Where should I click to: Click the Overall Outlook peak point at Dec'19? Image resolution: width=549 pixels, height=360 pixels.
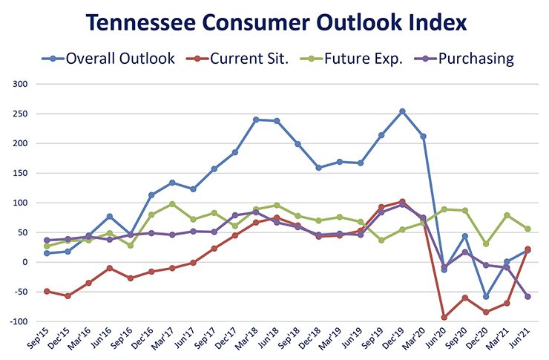click(x=402, y=111)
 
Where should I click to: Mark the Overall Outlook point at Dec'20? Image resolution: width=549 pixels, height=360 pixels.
click(x=486, y=296)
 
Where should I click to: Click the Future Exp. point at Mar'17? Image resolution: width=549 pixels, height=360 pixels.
click(x=172, y=204)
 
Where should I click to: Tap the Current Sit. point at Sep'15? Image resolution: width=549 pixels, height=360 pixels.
click(x=47, y=291)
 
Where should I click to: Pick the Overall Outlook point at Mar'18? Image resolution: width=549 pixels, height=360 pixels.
click(x=256, y=120)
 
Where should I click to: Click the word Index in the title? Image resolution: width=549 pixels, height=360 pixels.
click(x=435, y=22)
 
